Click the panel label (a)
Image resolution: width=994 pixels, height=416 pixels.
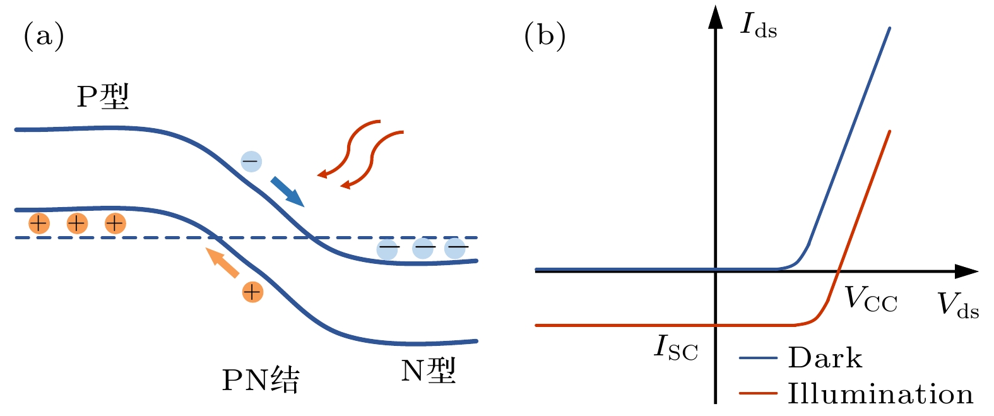point(44,36)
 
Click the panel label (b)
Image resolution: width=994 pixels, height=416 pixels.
point(545,36)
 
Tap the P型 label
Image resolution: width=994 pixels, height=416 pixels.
point(103,97)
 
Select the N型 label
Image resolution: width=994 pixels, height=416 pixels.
point(428,371)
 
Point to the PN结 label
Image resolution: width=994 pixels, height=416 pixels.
point(261,380)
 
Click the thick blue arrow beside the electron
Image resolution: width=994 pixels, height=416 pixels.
point(287,192)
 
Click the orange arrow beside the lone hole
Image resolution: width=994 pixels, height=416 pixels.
point(223,263)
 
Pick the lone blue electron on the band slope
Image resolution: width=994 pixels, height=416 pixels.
point(251,162)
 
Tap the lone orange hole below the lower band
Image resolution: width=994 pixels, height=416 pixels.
point(252,292)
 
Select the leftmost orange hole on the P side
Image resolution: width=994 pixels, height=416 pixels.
point(39,223)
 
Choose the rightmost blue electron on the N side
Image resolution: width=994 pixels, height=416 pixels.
point(455,249)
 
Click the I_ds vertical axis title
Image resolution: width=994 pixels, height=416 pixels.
point(758,26)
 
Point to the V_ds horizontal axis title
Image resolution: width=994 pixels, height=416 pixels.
point(957,305)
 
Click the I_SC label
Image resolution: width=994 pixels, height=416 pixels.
point(676,347)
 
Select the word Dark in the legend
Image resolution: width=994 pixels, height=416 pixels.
point(824,358)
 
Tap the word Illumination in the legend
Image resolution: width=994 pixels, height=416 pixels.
point(880,394)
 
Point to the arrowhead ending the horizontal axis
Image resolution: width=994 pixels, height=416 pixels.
point(967,271)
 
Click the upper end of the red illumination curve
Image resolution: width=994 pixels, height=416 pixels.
point(889,131)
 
